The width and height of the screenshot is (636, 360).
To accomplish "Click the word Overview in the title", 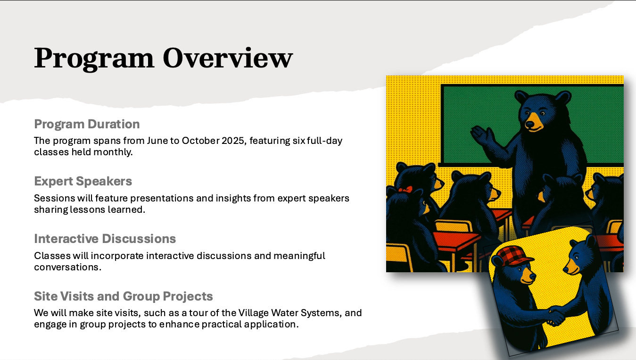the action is (228, 58).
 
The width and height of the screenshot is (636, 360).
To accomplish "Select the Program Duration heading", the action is (87, 124).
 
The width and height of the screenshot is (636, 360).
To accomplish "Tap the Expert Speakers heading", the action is (83, 181).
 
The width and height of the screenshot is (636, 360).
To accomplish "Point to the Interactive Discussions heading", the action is (105, 239).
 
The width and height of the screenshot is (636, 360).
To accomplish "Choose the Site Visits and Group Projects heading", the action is (123, 296).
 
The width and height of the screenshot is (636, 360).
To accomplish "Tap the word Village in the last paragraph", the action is (253, 313).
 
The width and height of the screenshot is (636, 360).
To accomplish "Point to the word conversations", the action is (67, 268).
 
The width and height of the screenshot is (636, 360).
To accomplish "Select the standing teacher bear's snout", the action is (532, 123).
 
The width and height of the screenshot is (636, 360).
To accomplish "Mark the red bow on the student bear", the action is (405, 190).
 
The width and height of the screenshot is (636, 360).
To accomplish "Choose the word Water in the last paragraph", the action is (284, 313).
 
